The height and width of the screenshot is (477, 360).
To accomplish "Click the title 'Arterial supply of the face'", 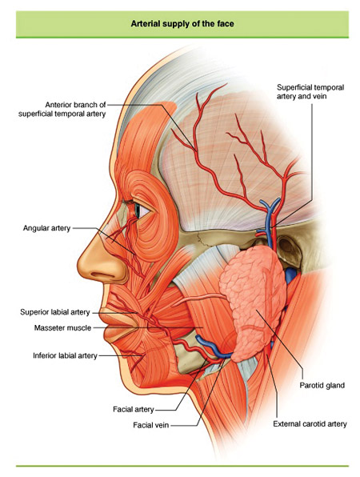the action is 182,24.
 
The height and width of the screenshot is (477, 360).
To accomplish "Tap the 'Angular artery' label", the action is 46,228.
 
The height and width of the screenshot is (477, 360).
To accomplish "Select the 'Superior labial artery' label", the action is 55,312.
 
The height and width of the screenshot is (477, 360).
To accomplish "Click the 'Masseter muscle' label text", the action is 62,327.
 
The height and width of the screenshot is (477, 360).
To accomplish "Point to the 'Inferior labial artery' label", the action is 65,355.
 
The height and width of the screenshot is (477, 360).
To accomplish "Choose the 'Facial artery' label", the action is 134,409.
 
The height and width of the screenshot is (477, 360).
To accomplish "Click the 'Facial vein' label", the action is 151,425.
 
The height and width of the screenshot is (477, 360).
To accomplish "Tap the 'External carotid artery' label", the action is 310,423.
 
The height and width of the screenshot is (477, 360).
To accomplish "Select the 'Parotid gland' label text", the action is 322,385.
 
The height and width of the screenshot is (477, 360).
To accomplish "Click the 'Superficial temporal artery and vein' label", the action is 310,91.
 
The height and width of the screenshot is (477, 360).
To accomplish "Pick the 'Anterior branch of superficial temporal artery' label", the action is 62,109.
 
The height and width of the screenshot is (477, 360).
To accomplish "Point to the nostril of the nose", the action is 102,274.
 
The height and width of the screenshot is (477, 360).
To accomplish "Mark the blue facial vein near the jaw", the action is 213,347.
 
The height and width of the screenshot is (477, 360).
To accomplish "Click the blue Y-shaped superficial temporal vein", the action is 270,221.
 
